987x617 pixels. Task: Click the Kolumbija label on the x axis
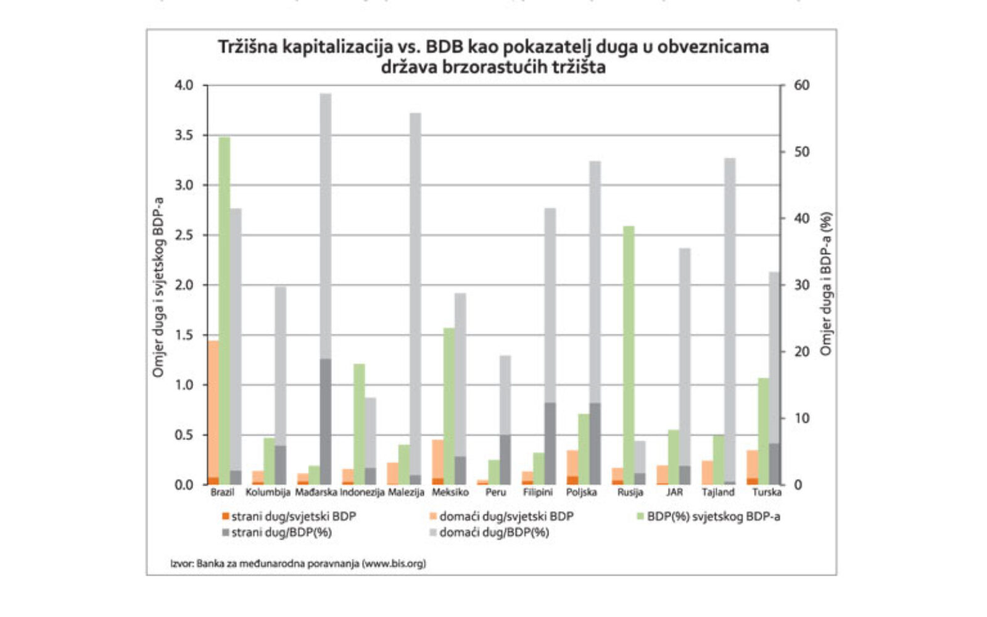(x=268, y=492)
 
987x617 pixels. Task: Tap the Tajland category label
(x=718, y=492)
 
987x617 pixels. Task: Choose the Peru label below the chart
(x=495, y=492)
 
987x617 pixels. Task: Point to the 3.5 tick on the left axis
(x=184, y=135)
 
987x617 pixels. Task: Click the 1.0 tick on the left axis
(x=184, y=385)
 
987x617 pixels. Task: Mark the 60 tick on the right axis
(x=801, y=85)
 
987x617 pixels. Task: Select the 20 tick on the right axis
(x=801, y=352)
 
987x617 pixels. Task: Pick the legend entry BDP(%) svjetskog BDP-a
(x=712, y=516)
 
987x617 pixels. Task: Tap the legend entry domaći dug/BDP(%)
(x=493, y=532)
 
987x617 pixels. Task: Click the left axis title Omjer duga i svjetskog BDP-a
(x=159, y=287)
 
